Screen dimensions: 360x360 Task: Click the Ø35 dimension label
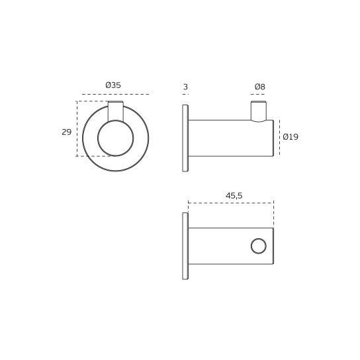(x=113, y=85)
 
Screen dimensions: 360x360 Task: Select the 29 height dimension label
(x=66, y=132)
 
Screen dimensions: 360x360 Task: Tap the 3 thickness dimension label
(x=185, y=87)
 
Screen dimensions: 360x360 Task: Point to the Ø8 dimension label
(x=259, y=87)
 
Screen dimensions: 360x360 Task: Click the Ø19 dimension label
(x=290, y=137)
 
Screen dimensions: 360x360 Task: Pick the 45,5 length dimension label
(x=234, y=195)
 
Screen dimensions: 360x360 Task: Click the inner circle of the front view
(x=115, y=138)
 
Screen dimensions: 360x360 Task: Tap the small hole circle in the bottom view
(x=259, y=246)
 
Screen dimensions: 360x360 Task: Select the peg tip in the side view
(x=258, y=110)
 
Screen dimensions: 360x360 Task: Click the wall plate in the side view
(x=185, y=138)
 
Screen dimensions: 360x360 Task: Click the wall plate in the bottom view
(x=185, y=246)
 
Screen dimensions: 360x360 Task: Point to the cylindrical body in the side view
(x=228, y=138)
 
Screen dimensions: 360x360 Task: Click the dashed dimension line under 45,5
(x=230, y=202)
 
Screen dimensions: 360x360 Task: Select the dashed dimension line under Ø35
(x=115, y=94)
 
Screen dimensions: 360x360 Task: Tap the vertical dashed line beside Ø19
(x=279, y=138)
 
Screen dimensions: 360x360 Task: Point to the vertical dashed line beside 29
(x=77, y=129)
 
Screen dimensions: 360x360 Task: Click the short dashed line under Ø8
(x=258, y=94)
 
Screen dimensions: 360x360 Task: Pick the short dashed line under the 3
(x=185, y=94)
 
